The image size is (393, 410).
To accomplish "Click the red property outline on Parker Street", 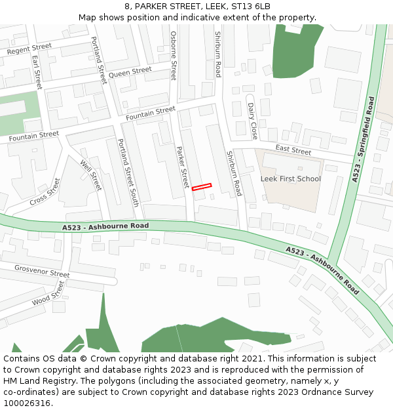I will [x=202, y=187].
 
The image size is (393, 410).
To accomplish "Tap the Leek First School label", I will [x=291, y=178].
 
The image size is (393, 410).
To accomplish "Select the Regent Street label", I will [x=29, y=49].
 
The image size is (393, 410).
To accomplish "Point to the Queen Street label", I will [x=130, y=72].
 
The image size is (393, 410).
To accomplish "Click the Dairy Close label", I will [x=253, y=121].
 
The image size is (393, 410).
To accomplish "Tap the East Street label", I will [x=293, y=151].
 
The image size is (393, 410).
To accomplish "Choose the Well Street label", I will [x=91, y=175].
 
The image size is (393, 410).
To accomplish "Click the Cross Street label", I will [x=45, y=192].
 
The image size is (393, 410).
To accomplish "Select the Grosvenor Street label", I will [x=42, y=271].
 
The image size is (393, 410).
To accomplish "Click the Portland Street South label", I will [x=128, y=173].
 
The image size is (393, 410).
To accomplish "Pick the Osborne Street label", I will [x=174, y=55].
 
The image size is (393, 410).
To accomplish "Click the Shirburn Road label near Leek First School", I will [x=234, y=173].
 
